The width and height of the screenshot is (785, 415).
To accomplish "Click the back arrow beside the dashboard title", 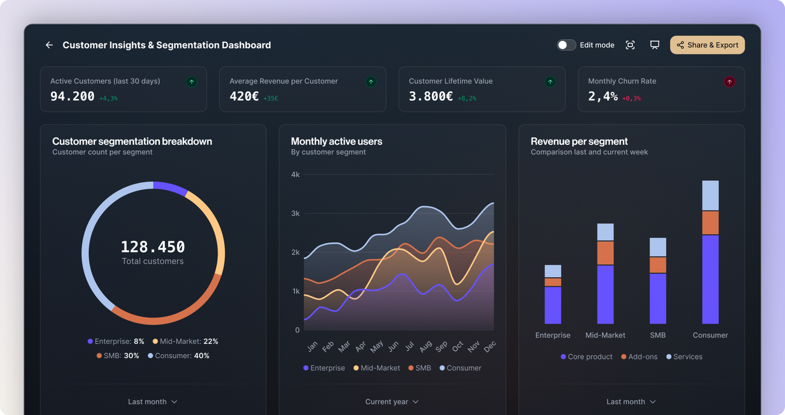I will pyautogui.click(x=49, y=45).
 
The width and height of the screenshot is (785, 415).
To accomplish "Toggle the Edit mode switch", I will pyautogui.click(x=566, y=45).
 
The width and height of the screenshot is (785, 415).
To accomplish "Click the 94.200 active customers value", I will pyautogui.click(x=72, y=96).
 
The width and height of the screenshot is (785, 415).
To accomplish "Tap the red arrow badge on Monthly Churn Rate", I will pyautogui.click(x=729, y=82).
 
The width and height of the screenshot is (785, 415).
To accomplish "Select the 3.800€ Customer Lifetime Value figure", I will pyautogui.click(x=431, y=96).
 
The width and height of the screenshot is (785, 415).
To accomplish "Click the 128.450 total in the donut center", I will pyautogui.click(x=153, y=247).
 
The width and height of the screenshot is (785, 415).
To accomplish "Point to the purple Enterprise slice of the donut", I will pyautogui.click(x=170, y=187).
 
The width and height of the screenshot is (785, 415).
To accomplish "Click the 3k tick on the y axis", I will pyautogui.click(x=295, y=214).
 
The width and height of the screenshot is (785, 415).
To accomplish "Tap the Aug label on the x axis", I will pyautogui.click(x=426, y=347).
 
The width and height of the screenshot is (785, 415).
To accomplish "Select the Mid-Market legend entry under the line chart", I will pyautogui.click(x=376, y=368).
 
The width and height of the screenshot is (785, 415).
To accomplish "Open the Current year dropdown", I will pyautogui.click(x=392, y=402).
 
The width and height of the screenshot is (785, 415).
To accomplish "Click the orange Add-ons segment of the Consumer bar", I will pyautogui.click(x=710, y=223).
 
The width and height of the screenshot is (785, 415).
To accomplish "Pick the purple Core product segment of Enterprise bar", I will pyautogui.click(x=553, y=305).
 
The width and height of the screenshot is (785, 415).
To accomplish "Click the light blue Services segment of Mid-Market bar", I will pyautogui.click(x=605, y=232).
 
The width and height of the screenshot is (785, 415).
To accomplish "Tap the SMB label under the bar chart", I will pyautogui.click(x=658, y=335).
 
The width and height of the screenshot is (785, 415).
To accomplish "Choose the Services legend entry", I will pyautogui.click(x=684, y=357).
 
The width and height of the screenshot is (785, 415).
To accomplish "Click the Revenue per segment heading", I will pyautogui.click(x=579, y=141).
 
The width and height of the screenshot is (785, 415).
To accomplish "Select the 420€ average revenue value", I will pyautogui.click(x=244, y=96).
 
